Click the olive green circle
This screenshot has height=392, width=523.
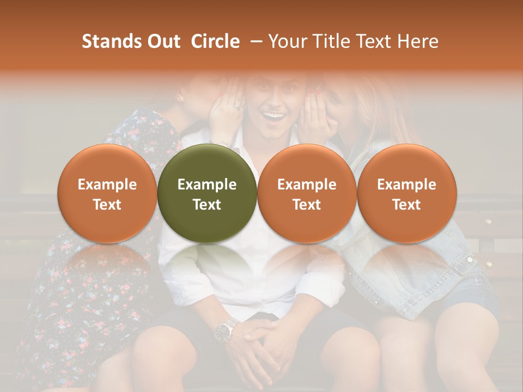pos(207,193)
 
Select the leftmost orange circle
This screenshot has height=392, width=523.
pos(107,193)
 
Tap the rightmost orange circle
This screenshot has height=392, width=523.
pos(406,193)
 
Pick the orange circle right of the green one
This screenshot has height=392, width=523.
pos(307,193)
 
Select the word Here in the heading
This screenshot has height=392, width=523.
pos(418,41)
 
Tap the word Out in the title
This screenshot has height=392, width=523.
pos(162,41)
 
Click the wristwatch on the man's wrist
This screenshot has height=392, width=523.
pos(225,329)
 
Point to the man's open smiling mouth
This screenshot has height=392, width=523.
pos(275,116)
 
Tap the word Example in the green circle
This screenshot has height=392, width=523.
pos(207,185)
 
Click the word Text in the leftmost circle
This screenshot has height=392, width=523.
pos(107,205)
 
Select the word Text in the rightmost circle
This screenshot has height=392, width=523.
pos(406,205)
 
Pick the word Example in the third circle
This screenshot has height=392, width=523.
pos(307,185)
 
